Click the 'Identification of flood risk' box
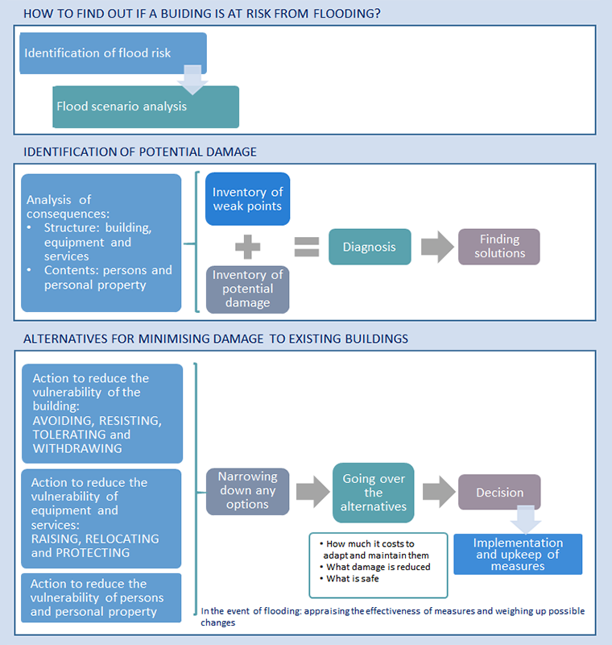[x=113, y=53]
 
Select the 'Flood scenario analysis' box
[x=146, y=107]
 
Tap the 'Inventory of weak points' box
[x=248, y=198]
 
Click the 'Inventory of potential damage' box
[x=248, y=289]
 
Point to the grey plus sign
[x=248, y=247]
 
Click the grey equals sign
[x=307, y=247]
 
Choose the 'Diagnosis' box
[x=370, y=247]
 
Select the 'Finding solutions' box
[x=499, y=247]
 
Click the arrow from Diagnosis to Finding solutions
[x=437, y=247]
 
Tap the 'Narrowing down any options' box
[x=248, y=491]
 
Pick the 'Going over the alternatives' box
[x=374, y=493]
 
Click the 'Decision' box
[x=499, y=492]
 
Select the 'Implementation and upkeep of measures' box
[x=518, y=554]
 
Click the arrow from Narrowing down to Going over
[x=312, y=492]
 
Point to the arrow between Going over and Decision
[x=439, y=492]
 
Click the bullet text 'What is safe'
[x=353, y=579]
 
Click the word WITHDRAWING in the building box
[x=77, y=448]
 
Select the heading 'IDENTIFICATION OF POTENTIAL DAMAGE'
[x=140, y=152]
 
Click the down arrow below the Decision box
[x=525, y=520]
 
